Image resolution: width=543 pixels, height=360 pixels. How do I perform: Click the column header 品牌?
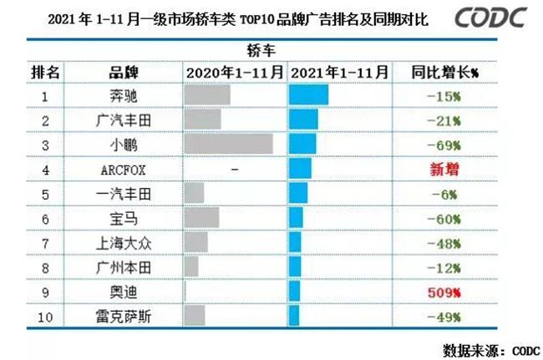[x=124, y=73]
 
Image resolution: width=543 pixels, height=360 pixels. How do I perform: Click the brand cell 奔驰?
[x=124, y=96]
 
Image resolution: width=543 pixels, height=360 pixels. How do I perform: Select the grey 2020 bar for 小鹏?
[x=228, y=145]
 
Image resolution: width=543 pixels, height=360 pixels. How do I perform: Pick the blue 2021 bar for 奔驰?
[x=308, y=96]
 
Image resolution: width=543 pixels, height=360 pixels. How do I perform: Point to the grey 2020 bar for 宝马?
[x=202, y=219]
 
